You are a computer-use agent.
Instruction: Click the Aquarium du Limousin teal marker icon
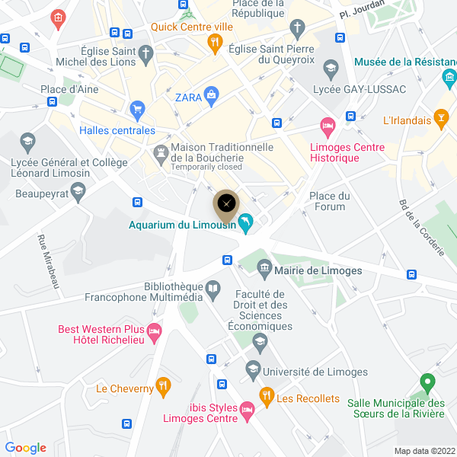pos(246,223)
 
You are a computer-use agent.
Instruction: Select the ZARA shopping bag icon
pos(211,94)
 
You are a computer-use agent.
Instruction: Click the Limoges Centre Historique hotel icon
pos(328,125)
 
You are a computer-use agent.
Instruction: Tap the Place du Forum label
pos(329,201)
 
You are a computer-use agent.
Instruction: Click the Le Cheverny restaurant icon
pos(162,386)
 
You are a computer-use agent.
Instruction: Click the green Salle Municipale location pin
pos(427,381)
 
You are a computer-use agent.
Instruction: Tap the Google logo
pos(26,448)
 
